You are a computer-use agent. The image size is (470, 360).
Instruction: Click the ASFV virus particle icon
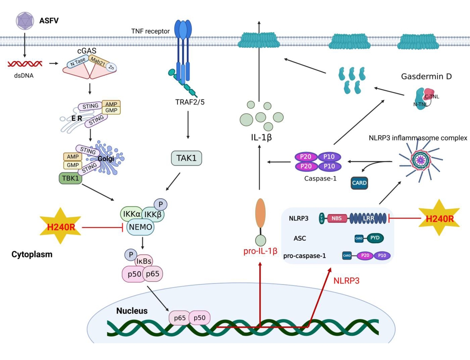25,21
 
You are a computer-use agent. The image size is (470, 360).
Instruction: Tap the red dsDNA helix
25,64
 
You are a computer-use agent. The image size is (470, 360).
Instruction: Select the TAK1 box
186,158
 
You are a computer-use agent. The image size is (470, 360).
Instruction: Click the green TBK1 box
70,178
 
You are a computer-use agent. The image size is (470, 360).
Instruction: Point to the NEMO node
141,227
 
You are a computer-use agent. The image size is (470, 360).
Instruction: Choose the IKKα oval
131,214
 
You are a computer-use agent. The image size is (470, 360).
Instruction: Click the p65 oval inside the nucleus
179,318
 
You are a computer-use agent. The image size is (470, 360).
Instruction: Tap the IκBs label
144,261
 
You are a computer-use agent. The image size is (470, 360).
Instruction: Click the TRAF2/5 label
190,102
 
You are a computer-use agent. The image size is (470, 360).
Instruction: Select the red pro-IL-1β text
260,251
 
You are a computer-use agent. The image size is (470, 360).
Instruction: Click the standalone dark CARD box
359,183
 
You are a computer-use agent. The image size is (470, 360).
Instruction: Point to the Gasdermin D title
426,76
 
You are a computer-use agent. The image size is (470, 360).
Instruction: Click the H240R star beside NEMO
61,226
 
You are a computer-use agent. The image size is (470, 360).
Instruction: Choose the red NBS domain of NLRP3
336,218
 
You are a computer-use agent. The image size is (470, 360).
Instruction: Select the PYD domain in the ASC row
375,238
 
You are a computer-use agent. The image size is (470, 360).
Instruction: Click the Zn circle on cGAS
111,68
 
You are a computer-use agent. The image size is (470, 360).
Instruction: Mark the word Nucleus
132,311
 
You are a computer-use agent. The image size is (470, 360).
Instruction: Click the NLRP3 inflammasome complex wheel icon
421,160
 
